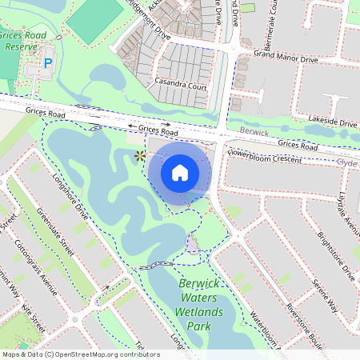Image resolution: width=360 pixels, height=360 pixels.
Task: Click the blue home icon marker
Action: [180, 172]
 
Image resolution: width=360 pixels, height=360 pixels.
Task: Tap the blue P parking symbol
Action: [48, 62]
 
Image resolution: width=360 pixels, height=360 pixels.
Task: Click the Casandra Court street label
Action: [182, 86]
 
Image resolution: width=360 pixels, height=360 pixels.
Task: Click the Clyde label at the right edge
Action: [349, 161]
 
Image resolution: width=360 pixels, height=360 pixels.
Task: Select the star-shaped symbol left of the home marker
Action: [140, 156]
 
